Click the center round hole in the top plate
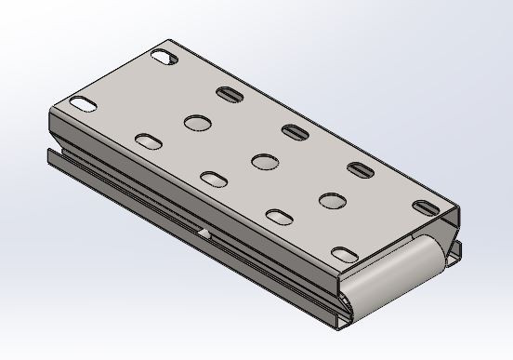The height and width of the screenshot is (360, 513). (x=264, y=161)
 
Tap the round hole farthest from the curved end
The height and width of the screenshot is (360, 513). (x=197, y=121)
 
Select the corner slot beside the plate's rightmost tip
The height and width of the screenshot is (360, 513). (x=427, y=207)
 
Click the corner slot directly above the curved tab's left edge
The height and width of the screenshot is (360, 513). (x=345, y=252)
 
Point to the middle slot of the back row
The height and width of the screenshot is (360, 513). (x=295, y=131)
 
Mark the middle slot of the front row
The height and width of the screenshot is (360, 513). (x=214, y=178)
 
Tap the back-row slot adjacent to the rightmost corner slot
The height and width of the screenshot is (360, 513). (x=361, y=169)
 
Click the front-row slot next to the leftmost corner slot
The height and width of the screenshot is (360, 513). (x=148, y=140)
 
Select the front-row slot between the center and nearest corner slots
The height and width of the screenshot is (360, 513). (x=280, y=216)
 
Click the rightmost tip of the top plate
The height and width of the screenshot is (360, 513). (x=459, y=207)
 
